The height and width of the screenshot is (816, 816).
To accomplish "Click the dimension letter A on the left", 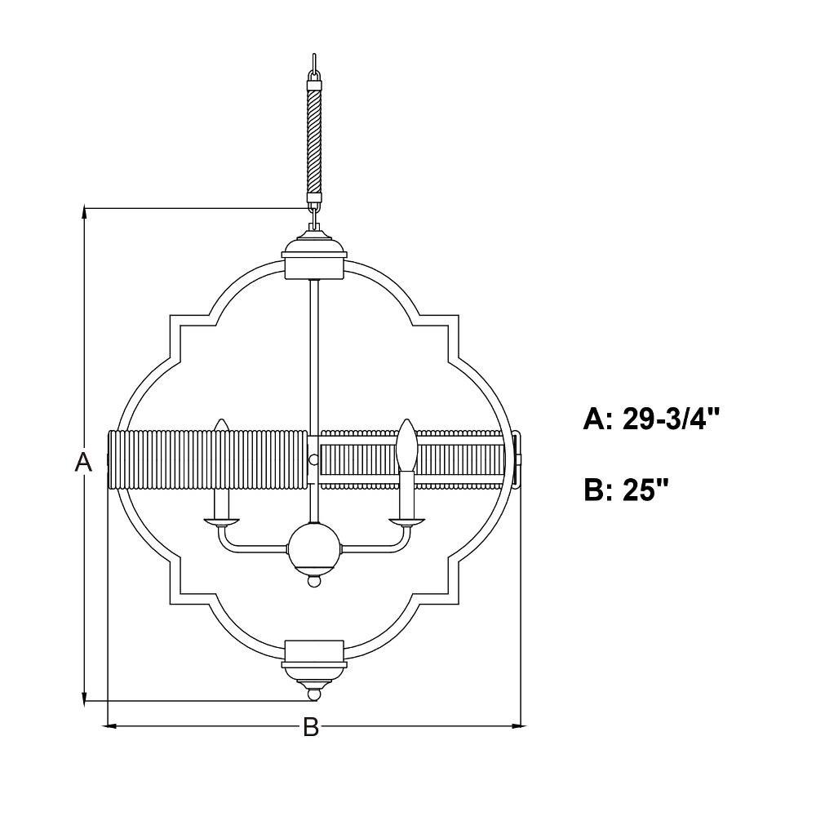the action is pyautogui.click(x=83, y=462).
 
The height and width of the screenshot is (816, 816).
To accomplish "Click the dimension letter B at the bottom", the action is pyautogui.click(x=311, y=726).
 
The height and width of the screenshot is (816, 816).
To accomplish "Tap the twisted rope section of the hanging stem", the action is pyautogui.click(x=314, y=141).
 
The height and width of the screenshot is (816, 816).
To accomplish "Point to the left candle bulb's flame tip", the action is pyautogui.click(x=222, y=420).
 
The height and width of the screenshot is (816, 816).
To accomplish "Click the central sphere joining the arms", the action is pyautogui.click(x=314, y=548).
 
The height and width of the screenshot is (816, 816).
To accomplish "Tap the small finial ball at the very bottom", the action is pyautogui.click(x=314, y=694).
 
